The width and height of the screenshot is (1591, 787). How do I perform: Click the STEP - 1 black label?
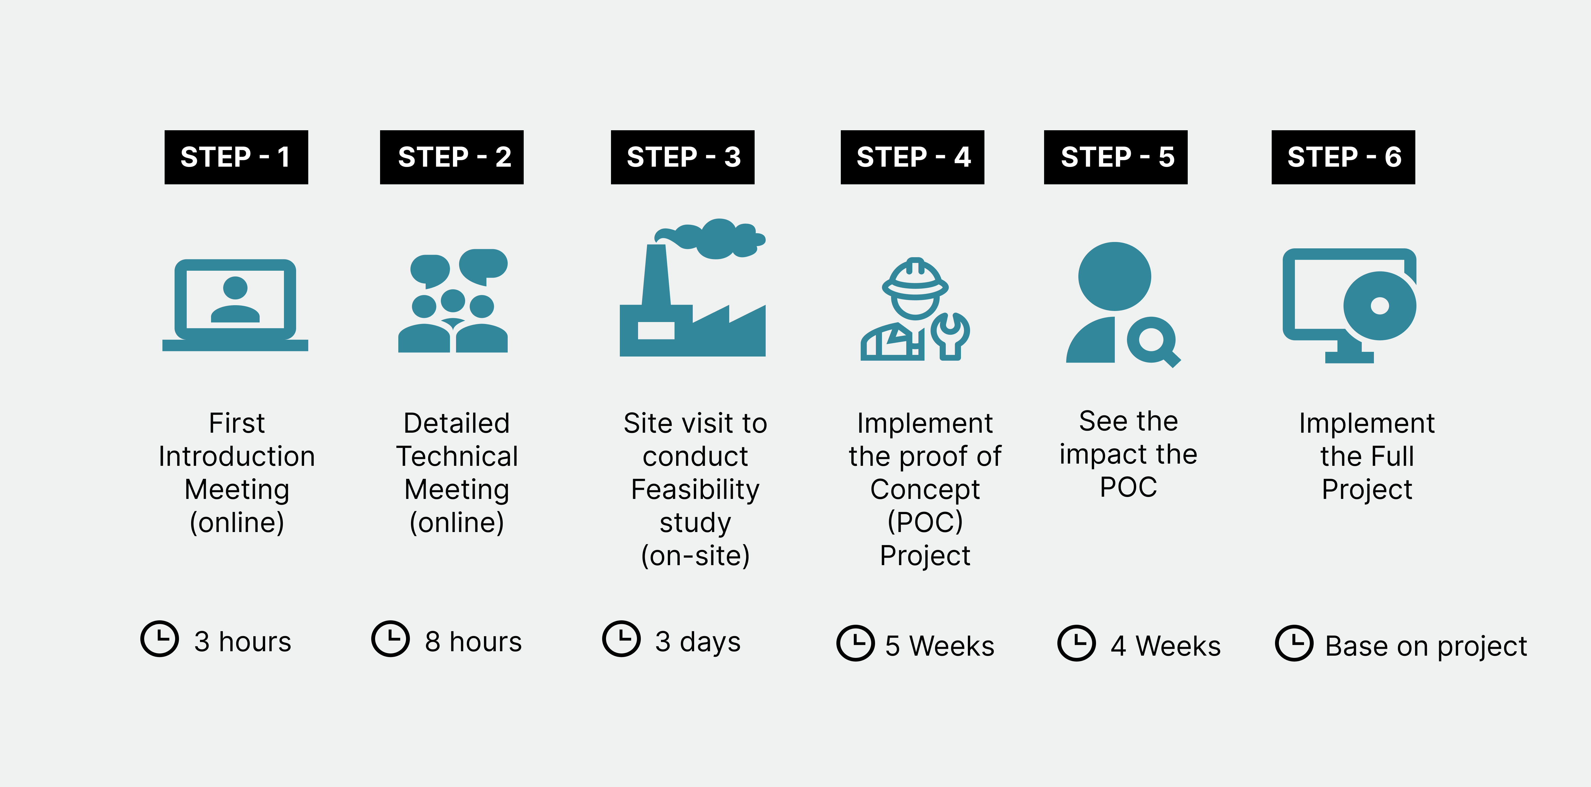click(236, 157)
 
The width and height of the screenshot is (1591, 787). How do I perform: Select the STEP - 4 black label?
click(912, 157)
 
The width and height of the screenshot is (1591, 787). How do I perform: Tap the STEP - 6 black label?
click(1343, 157)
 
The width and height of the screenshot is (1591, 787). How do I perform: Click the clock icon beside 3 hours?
click(159, 639)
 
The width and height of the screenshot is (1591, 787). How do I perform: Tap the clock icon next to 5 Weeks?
click(855, 643)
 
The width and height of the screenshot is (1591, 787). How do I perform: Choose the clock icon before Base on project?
click(1294, 643)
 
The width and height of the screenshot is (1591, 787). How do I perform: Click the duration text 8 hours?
click(473, 642)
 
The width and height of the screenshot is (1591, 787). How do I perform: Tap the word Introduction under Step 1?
click(236, 456)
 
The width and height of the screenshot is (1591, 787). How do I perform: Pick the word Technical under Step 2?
click(457, 456)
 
